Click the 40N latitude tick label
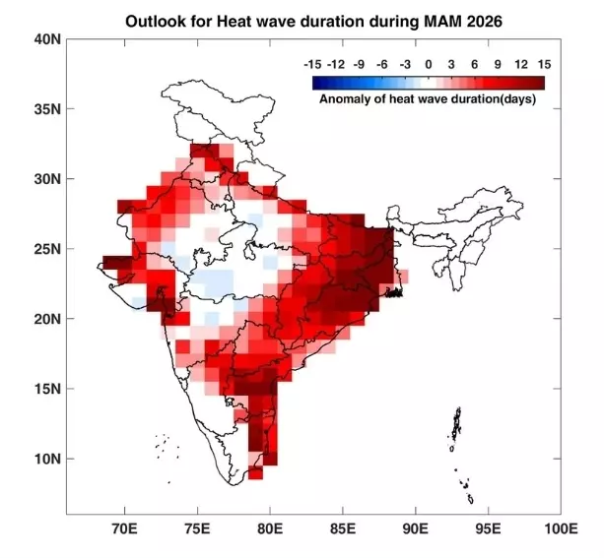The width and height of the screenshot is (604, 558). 47,38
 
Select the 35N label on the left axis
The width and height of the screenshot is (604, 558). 47,108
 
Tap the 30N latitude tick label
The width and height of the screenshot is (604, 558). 47,178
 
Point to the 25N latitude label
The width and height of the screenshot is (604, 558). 47,249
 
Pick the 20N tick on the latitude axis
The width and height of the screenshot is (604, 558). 47,319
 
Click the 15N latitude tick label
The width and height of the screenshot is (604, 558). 47,389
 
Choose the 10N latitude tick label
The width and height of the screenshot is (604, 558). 47,459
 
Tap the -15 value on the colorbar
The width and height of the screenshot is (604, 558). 314,63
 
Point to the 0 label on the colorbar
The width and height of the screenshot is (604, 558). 429,63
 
